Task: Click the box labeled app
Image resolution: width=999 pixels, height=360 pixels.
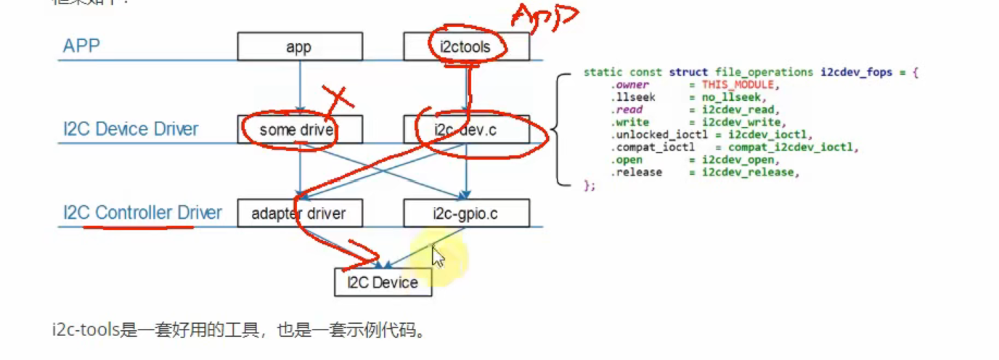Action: click(x=299, y=46)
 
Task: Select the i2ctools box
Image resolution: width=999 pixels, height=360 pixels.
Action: click(x=466, y=46)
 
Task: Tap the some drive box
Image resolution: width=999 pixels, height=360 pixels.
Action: click(x=299, y=130)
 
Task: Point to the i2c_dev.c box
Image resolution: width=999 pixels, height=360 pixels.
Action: click(x=466, y=130)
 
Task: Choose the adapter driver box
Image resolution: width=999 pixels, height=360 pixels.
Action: click(x=299, y=213)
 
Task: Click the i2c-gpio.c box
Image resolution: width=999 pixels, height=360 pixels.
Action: click(x=466, y=213)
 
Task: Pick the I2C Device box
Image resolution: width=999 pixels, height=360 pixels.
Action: click(x=383, y=282)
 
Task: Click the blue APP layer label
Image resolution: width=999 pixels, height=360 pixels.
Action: click(x=81, y=46)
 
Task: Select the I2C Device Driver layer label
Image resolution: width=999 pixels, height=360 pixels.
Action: click(x=131, y=129)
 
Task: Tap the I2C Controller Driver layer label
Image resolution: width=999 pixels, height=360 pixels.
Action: click(x=142, y=213)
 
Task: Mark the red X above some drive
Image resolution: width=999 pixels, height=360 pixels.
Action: click(x=335, y=99)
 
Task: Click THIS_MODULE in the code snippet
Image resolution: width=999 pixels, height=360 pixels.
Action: click(x=733, y=85)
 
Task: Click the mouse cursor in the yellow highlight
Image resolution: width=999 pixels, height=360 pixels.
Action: click(x=438, y=256)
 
